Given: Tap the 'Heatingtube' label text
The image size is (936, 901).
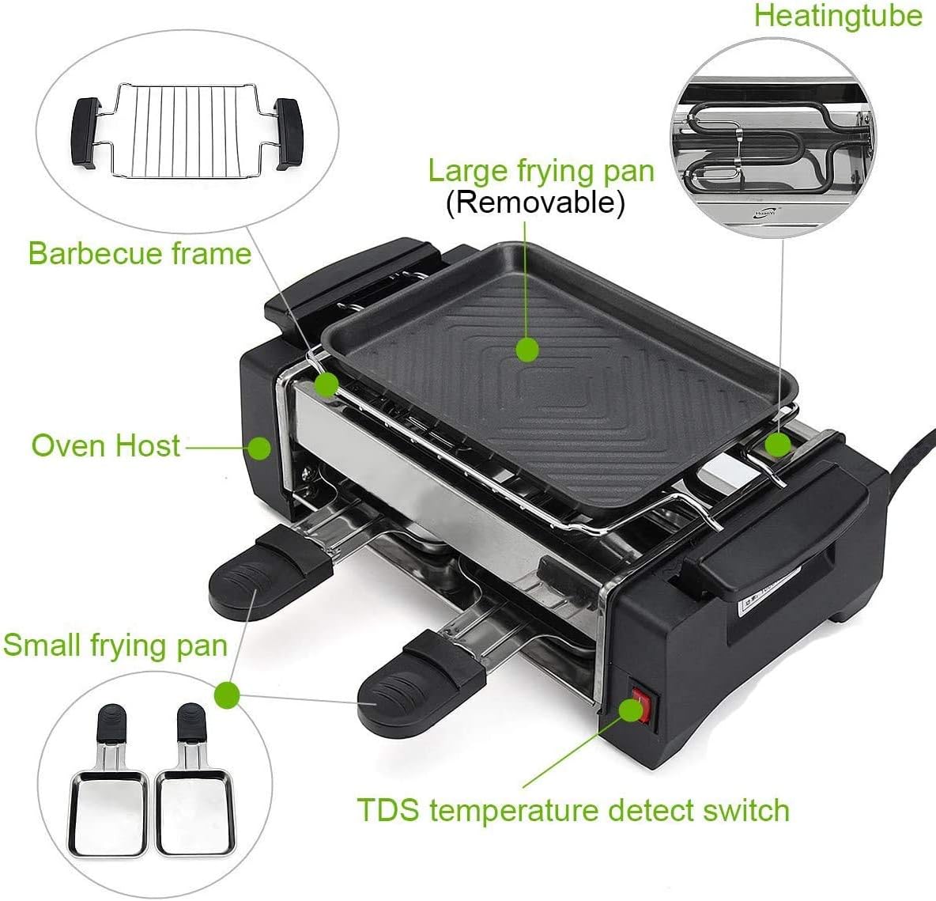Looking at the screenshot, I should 838,16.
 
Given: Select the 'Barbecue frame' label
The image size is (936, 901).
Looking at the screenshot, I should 139,253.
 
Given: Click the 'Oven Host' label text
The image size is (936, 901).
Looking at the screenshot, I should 106,445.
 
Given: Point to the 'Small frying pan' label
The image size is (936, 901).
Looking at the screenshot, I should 115,645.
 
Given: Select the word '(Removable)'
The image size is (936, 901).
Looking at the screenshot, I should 535,203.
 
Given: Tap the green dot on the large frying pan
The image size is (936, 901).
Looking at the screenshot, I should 526,348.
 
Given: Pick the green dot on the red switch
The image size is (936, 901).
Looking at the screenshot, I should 630,710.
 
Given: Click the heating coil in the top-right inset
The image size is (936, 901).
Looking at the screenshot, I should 751,146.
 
